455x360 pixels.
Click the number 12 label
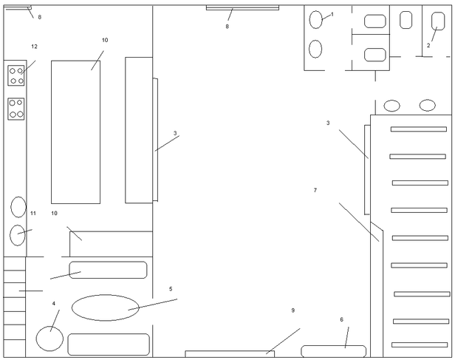34,47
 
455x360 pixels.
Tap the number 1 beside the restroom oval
332,14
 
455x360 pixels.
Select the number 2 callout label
428,45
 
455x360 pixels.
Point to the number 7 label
315,190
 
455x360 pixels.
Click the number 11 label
33,213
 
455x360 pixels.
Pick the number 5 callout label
171,289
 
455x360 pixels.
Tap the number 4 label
53,303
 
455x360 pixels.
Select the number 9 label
293,310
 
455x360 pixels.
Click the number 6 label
341,319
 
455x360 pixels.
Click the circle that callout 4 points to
49,339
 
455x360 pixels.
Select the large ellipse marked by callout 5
105,308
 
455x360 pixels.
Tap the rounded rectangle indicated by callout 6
333,351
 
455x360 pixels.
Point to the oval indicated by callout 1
316,20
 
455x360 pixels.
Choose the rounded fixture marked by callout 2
437,20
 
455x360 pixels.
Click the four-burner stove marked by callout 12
16,75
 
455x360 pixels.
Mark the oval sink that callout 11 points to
18,235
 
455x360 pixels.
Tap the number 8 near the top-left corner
40,16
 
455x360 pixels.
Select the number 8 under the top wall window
227,27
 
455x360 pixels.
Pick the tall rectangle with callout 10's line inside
75,132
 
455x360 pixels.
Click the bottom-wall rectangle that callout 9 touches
229,354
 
